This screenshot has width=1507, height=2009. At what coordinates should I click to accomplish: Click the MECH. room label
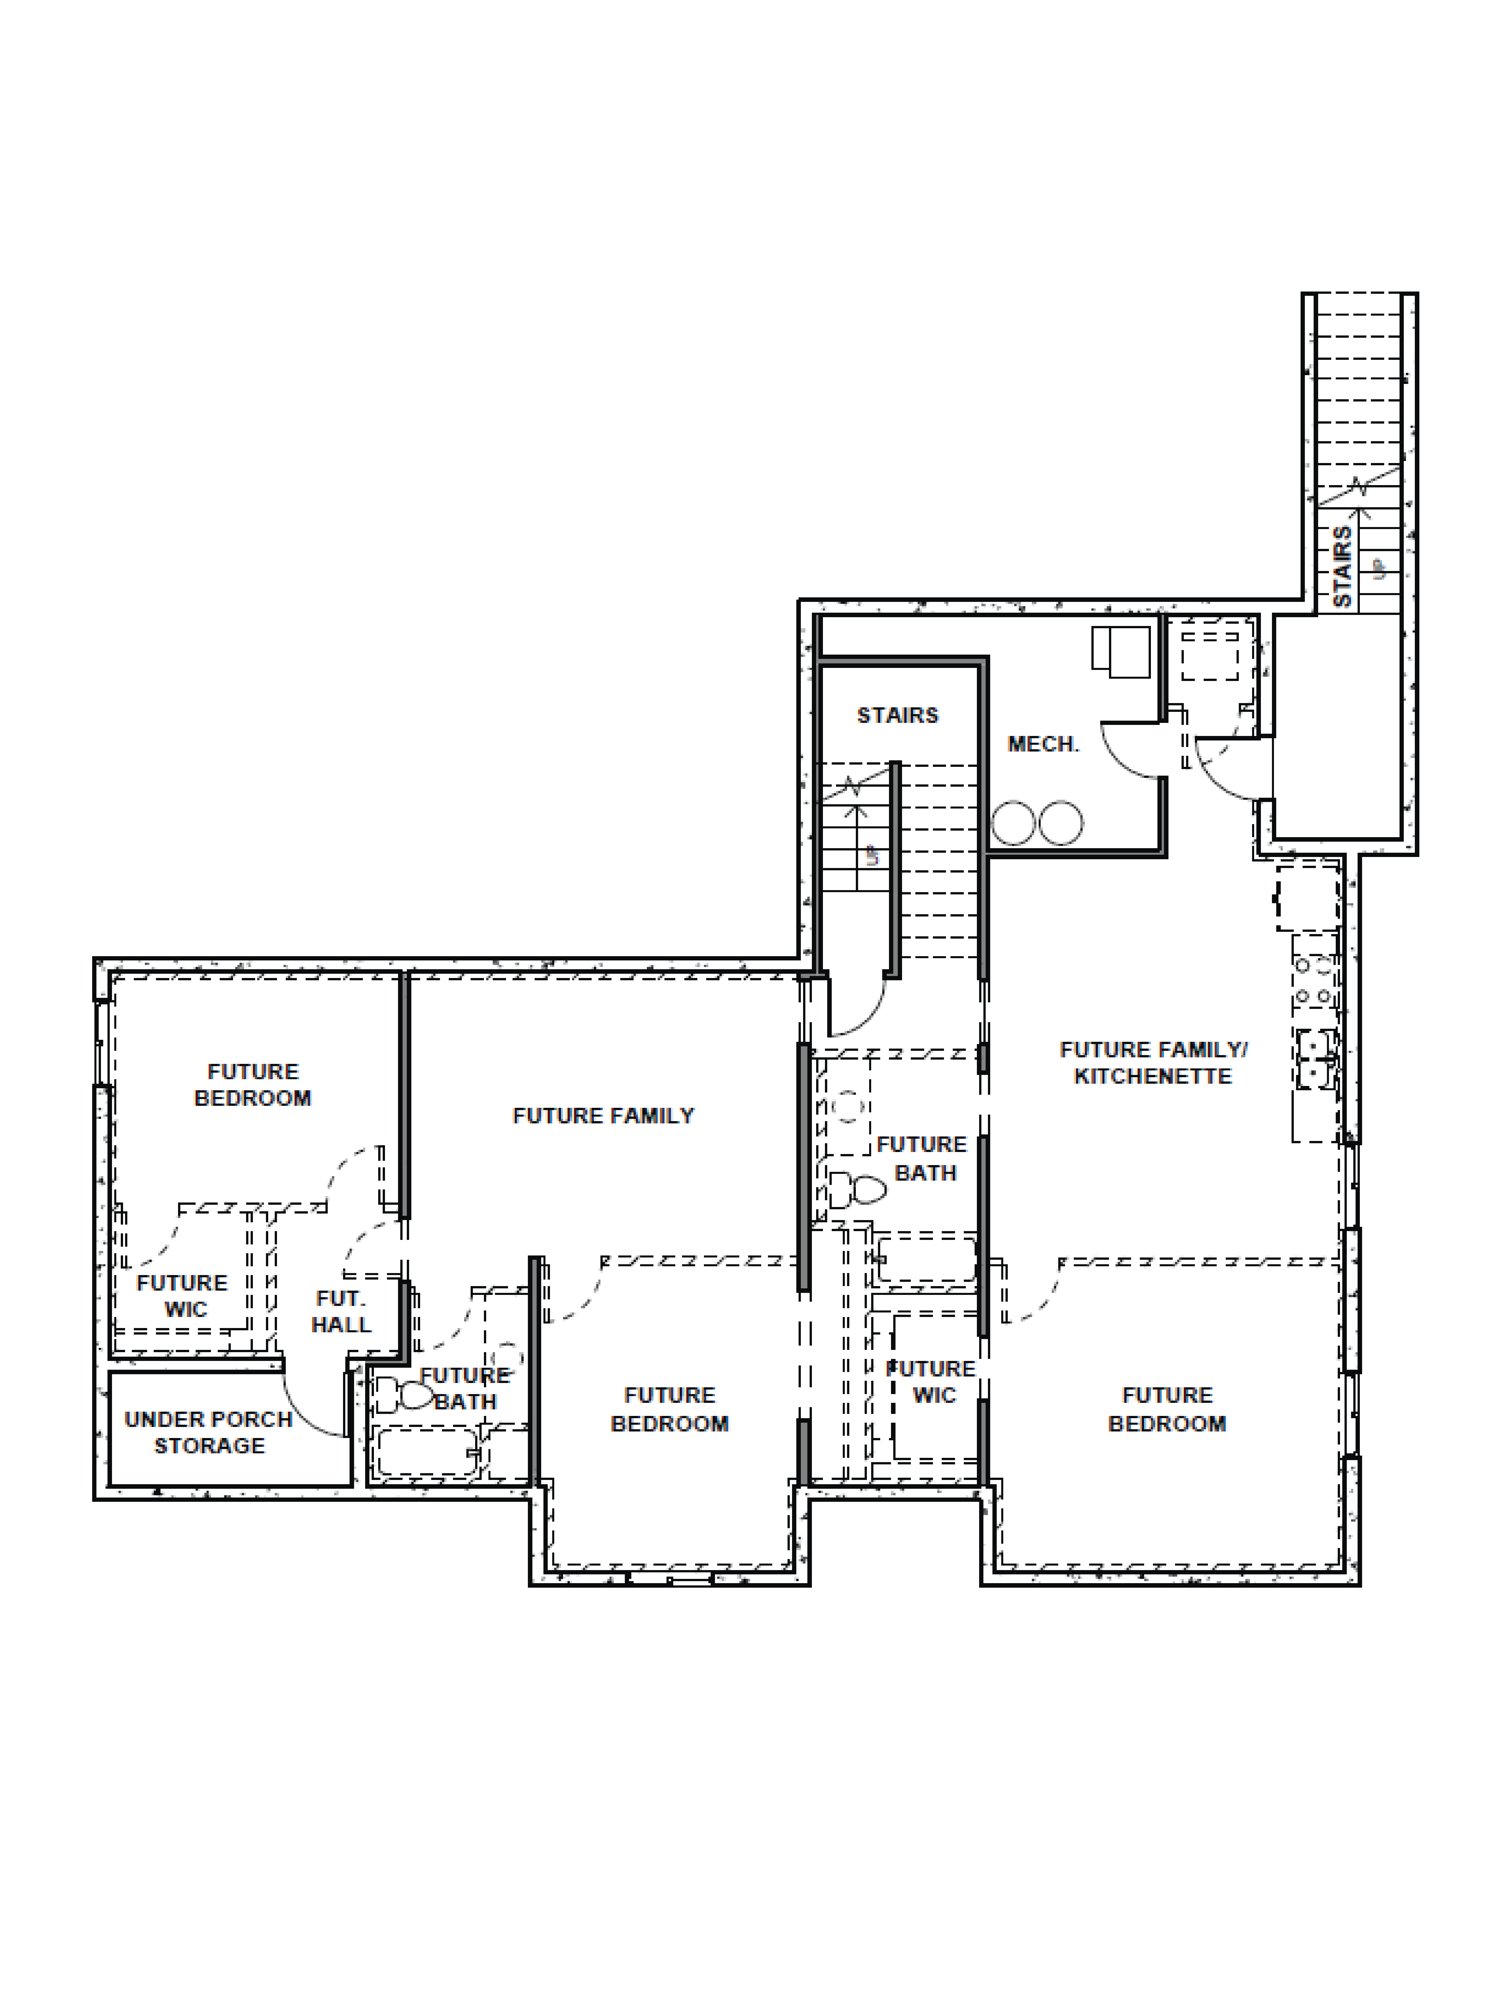point(1043,745)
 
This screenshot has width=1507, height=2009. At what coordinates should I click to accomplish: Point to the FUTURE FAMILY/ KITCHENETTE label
point(1153,1063)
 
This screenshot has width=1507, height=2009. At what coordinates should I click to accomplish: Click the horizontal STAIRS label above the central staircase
point(898,715)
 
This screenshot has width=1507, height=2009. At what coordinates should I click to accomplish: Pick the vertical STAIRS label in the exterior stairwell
point(1342,567)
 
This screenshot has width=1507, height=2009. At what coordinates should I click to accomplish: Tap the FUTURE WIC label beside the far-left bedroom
point(183,1296)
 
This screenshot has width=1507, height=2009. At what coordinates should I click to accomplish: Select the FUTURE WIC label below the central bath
point(931,1382)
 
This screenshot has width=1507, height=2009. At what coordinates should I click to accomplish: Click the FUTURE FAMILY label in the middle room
point(603,1115)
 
